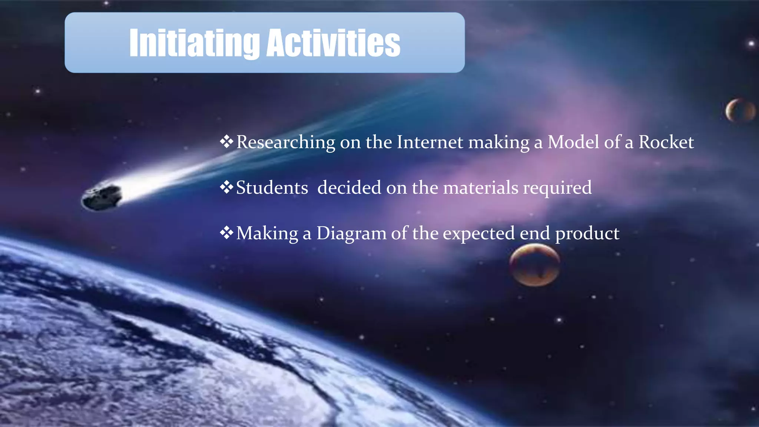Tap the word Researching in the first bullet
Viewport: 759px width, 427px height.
click(285, 142)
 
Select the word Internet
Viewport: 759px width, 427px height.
click(430, 142)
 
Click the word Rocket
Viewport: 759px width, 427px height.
click(666, 142)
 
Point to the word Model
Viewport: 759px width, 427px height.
click(573, 142)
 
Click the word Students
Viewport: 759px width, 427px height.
click(272, 188)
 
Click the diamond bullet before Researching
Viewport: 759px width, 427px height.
click(226, 141)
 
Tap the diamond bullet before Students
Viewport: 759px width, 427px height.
click(226, 187)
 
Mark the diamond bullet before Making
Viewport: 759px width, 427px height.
click(226, 233)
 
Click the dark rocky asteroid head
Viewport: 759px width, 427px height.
click(101, 197)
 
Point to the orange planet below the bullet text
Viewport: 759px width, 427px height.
click(534, 265)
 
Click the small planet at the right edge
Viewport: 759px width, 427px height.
click(740, 110)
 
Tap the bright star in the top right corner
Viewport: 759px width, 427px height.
click(751, 44)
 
